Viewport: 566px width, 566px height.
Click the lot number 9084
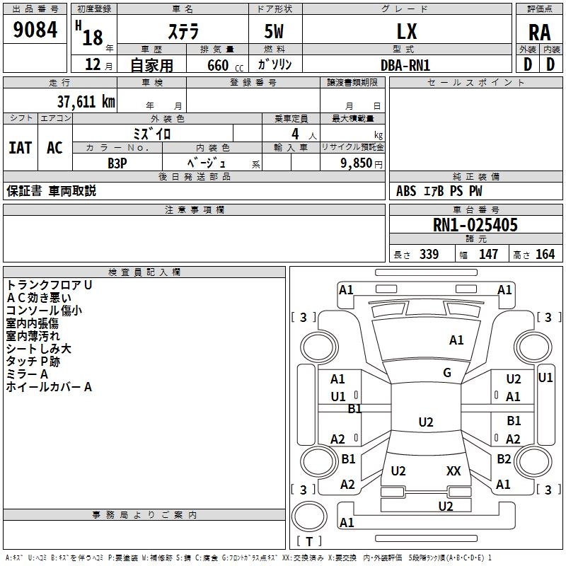(x=35, y=30)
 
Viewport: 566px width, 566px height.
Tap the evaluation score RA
(x=539, y=33)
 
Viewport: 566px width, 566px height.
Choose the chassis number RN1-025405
(x=475, y=225)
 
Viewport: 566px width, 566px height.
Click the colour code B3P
(x=117, y=162)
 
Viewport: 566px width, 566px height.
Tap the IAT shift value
(x=20, y=148)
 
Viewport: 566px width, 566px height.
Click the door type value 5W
(x=275, y=31)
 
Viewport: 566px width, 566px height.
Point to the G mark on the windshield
(x=447, y=373)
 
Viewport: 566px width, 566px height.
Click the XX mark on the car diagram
(x=454, y=471)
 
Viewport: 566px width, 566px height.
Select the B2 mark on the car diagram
(x=504, y=458)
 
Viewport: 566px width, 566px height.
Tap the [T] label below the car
(x=309, y=541)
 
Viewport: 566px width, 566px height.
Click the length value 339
(x=429, y=255)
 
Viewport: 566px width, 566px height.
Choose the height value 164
(x=545, y=255)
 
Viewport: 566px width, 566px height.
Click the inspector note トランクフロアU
(x=49, y=285)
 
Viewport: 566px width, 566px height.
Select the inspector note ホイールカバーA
(x=49, y=387)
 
